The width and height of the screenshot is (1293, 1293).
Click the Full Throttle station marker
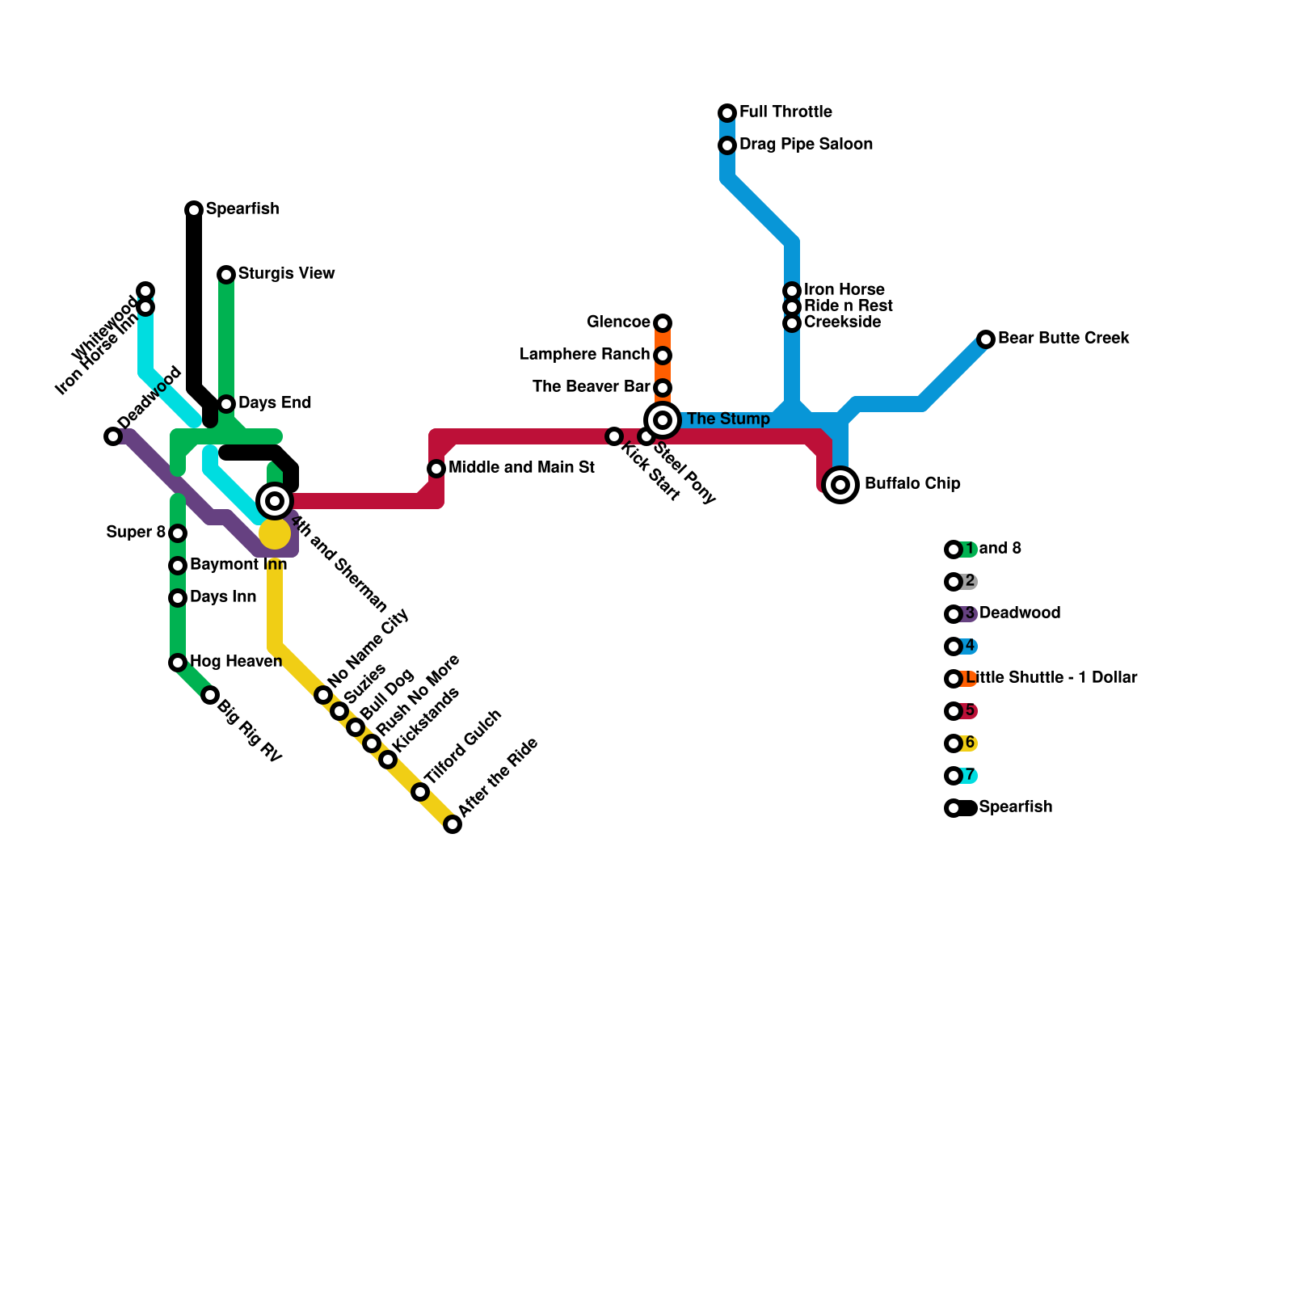click(x=727, y=112)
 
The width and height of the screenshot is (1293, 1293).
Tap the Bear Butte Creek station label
click(x=1063, y=338)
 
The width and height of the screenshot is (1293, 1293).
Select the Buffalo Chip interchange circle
click(x=840, y=485)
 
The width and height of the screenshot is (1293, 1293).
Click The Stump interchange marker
click(x=663, y=420)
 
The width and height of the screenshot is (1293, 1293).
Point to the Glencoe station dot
click(x=663, y=323)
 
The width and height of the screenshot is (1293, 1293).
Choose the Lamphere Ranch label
click(x=584, y=354)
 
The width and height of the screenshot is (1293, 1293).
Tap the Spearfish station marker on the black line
click(x=194, y=210)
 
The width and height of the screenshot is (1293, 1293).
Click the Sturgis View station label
click(x=286, y=273)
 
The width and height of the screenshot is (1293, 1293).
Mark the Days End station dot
click(x=226, y=404)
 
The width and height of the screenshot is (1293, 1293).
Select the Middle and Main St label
click(x=521, y=467)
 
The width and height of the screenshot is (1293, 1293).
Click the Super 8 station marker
click(x=178, y=533)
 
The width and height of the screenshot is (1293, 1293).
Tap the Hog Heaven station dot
click(x=178, y=663)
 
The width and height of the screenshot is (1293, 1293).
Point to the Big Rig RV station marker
click(x=210, y=695)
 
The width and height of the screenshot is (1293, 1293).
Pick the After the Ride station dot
click(x=453, y=824)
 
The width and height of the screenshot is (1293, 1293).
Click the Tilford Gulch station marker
click(x=420, y=792)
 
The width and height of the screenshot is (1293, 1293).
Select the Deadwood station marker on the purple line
click(x=113, y=436)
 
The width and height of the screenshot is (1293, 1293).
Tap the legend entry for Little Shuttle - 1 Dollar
click(x=1051, y=677)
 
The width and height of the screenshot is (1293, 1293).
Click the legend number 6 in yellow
click(x=970, y=743)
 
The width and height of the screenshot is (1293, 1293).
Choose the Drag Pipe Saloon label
click(x=806, y=144)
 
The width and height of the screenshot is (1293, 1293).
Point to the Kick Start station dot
click(x=614, y=436)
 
